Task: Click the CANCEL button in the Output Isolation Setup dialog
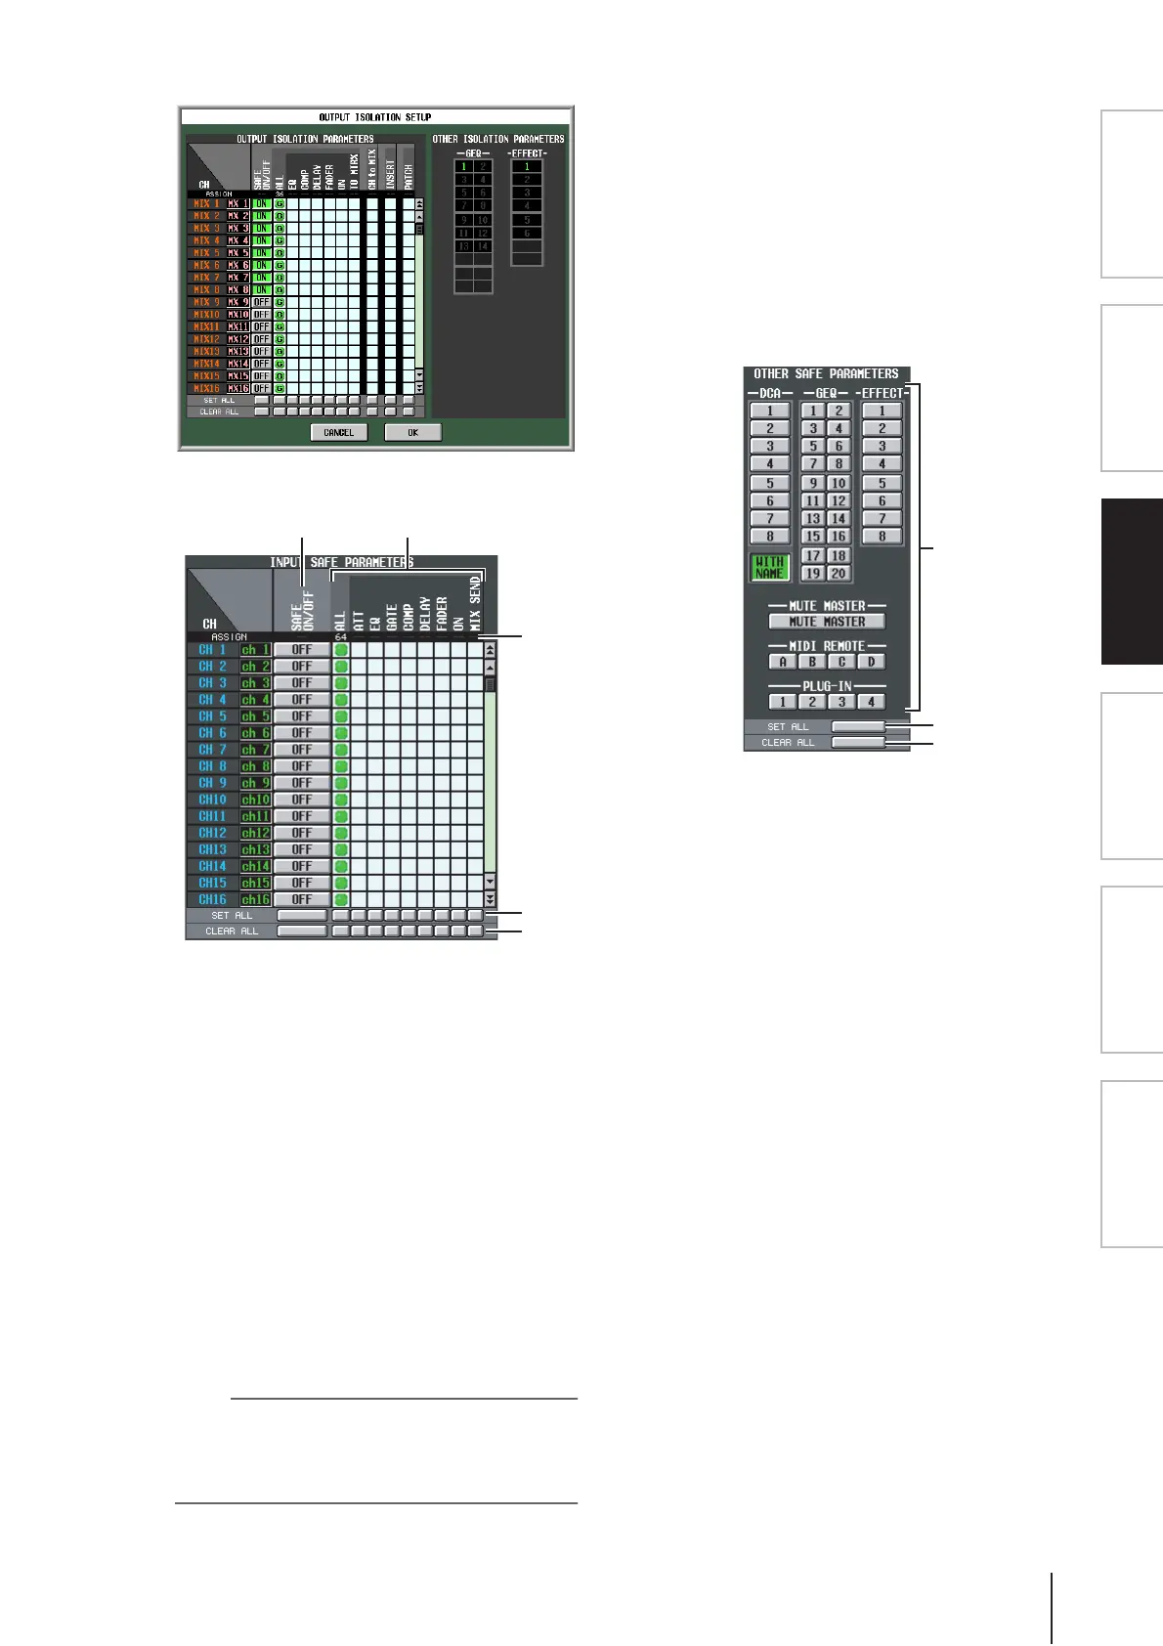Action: (x=339, y=432)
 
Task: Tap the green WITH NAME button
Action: (x=770, y=567)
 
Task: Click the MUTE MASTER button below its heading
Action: (x=827, y=622)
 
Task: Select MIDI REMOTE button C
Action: (x=840, y=662)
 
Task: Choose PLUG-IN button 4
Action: (x=870, y=702)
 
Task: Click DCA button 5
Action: (x=770, y=483)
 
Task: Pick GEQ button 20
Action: (x=839, y=574)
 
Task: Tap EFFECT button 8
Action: (x=882, y=536)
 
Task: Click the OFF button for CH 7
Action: (x=302, y=750)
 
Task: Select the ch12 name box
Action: (x=255, y=833)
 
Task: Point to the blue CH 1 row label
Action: (x=212, y=650)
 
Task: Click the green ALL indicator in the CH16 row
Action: (x=341, y=899)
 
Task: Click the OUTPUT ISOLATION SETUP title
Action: (x=375, y=117)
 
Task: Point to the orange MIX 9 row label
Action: (x=207, y=302)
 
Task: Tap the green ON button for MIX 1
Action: (x=262, y=204)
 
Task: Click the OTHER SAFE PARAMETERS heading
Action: (x=826, y=373)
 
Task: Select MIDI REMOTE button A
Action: (x=782, y=662)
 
